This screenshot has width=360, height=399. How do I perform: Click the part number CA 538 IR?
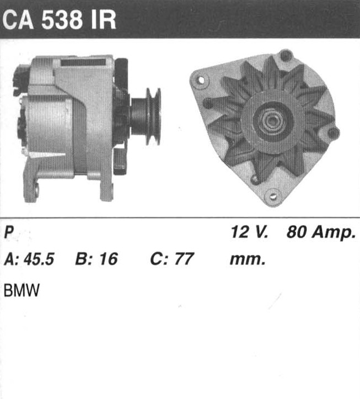point(59,20)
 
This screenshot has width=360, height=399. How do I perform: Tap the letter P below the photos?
point(9,232)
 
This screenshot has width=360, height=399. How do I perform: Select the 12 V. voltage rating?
point(249,232)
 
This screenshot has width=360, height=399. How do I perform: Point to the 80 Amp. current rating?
point(321,232)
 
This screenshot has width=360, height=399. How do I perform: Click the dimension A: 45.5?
point(29,259)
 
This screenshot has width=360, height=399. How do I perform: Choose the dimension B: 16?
point(96,259)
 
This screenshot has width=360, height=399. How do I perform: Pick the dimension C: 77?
point(172,259)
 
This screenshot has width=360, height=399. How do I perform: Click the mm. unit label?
point(248,260)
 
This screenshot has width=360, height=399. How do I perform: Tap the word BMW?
point(22,290)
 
